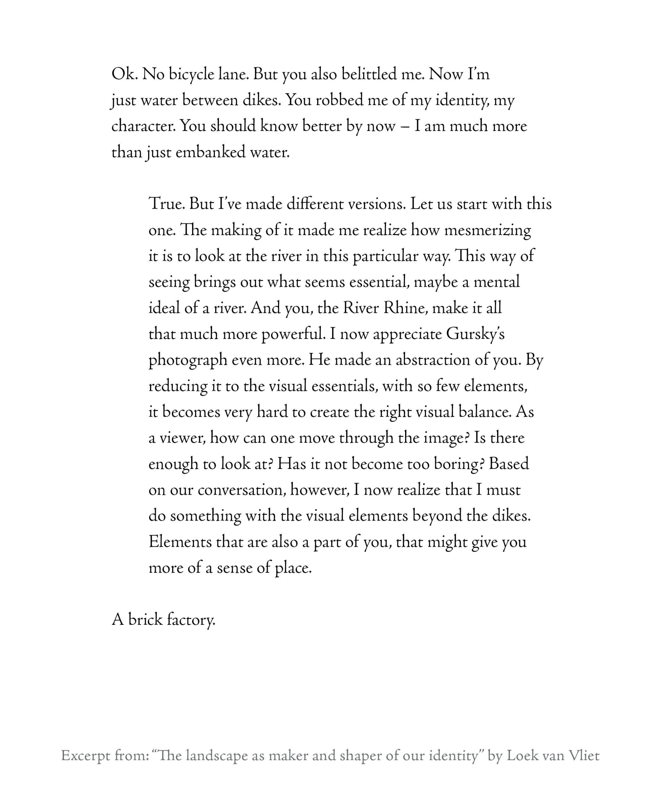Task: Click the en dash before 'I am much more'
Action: point(405,127)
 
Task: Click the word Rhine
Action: point(405,308)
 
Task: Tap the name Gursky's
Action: point(475,334)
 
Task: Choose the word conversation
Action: point(242,490)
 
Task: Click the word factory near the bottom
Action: point(191,620)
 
